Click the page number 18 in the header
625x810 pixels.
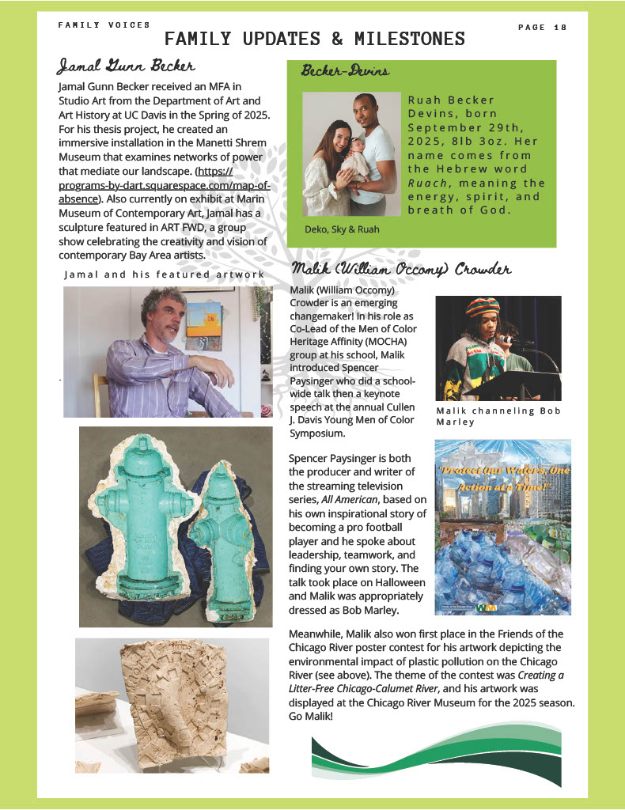[x=561, y=28]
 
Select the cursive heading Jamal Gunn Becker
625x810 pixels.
[x=127, y=65]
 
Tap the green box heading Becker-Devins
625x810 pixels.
[x=345, y=72]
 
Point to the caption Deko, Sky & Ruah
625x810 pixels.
[x=342, y=229]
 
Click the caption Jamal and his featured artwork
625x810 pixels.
[x=164, y=274]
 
